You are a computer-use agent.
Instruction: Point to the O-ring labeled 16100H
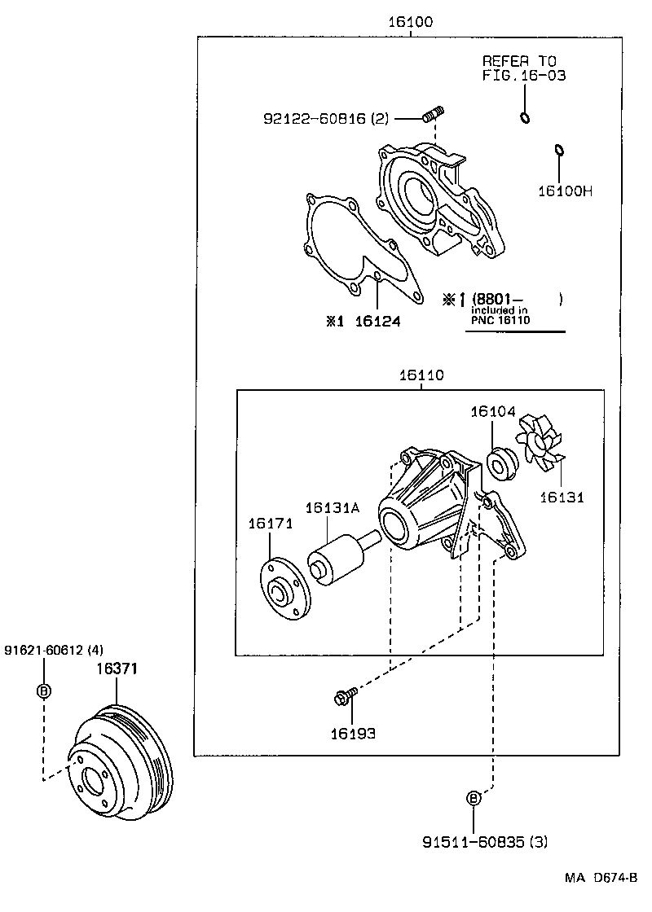[x=558, y=150]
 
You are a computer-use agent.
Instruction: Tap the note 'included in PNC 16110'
[x=499, y=315]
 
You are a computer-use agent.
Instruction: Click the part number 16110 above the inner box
[x=421, y=375]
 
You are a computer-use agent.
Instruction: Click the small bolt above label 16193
[x=342, y=697]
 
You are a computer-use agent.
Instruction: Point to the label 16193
[x=352, y=733]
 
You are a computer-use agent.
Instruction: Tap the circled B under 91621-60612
[x=44, y=691]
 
